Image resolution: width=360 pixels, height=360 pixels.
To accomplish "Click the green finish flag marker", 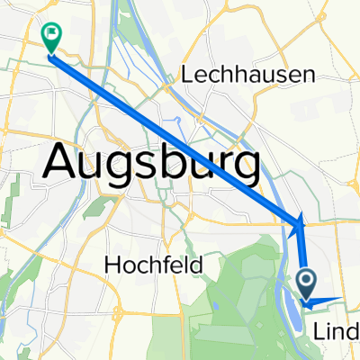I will [51, 36].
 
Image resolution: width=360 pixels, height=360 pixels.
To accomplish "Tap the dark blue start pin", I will [307, 284].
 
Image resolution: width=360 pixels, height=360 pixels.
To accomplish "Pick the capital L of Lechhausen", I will [188, 76].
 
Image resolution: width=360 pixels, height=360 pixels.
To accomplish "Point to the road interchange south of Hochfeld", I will [162, 306].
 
